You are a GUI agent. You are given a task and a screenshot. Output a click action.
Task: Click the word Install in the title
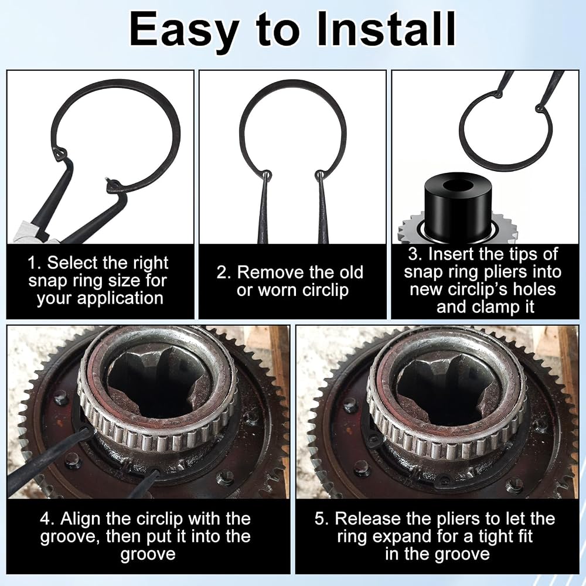coord(386,28)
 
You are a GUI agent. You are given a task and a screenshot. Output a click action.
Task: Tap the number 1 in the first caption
coord(33,263)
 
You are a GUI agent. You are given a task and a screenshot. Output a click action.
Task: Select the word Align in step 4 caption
coord(80,519)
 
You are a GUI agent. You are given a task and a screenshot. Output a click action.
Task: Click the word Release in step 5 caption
coord(368,519)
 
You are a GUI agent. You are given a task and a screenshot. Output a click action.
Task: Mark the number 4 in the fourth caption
coord(45,519)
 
